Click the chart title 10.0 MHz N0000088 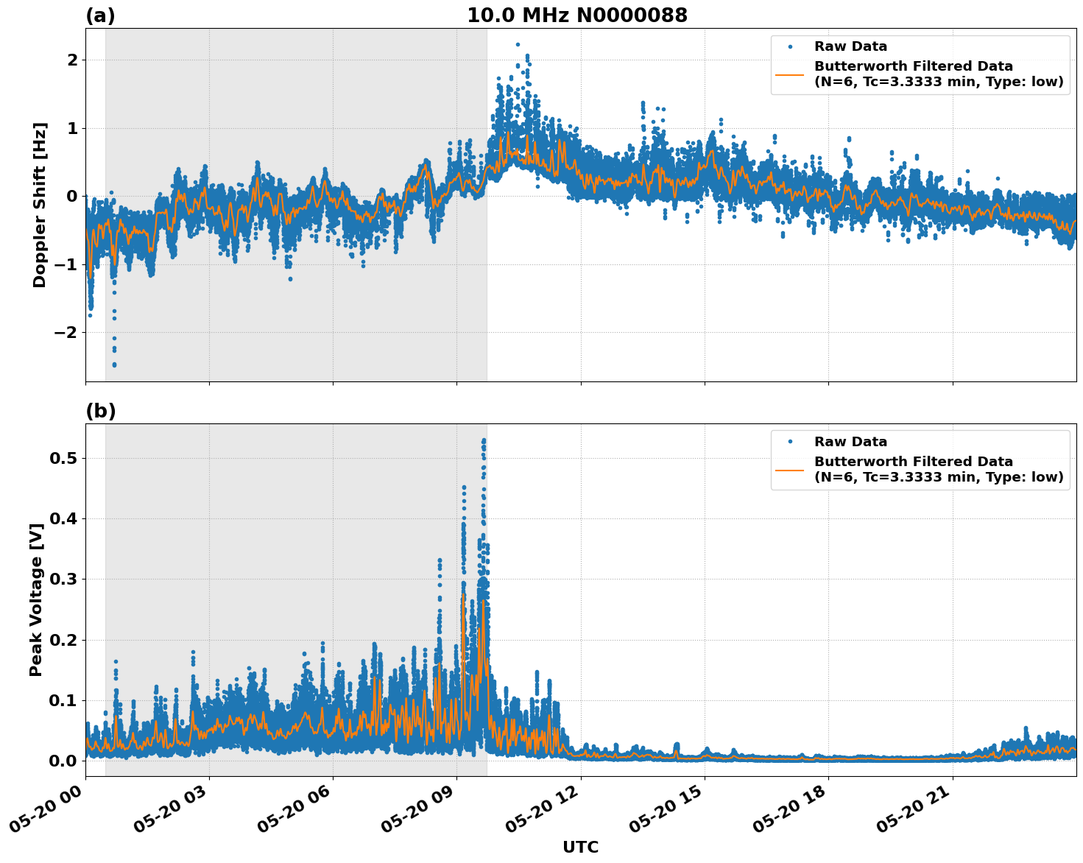[x=576, y=15]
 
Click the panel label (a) [x=100, y=15]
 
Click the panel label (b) [x=100, y=411]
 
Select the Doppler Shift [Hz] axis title [x=40, y=205]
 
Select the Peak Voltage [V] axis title [x=36, y=600]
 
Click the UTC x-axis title [x=580, y=847]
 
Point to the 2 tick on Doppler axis [x=72, y=60]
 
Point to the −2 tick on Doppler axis [x=66, y=333]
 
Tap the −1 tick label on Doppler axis [x=66, y=264]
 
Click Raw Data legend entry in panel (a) [x=850, y=46]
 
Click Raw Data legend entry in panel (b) [x=850, y=442]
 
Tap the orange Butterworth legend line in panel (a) [x=790, y=74]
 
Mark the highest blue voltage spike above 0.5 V [x=484, y=440]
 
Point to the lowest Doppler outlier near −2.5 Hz [x=114, y=364]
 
